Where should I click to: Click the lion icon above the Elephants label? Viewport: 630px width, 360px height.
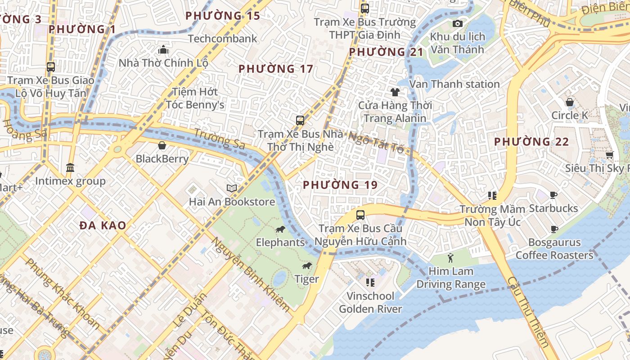(280, 229)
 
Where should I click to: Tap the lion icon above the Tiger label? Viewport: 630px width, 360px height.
(307, 266)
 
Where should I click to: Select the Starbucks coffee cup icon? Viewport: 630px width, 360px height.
(553, 195)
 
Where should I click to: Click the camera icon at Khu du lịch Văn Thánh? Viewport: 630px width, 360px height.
(458, 23)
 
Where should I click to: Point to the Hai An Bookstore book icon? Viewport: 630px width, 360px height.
(232, 188)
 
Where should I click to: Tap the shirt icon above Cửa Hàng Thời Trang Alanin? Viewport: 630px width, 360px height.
(395, 92)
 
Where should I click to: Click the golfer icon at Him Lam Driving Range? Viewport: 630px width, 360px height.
(451, 258)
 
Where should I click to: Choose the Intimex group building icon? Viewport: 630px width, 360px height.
(70, 168)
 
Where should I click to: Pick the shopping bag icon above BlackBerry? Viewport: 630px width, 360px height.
(162, 145)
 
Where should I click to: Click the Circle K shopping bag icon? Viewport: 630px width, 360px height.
(570, 102)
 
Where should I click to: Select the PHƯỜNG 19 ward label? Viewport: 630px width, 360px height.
(340, 185)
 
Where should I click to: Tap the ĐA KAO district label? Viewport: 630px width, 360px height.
(103, 225)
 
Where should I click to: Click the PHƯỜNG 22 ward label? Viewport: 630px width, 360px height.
(531, 142)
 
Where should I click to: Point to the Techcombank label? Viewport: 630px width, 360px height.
(223, 39)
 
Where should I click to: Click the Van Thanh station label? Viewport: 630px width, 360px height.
(455, 84)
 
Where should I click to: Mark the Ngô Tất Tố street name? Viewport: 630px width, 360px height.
(376, 142)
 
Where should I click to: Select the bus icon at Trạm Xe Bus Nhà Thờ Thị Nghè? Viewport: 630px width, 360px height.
(300, 120)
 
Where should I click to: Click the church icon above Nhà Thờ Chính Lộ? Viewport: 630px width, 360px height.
(163, 49)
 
